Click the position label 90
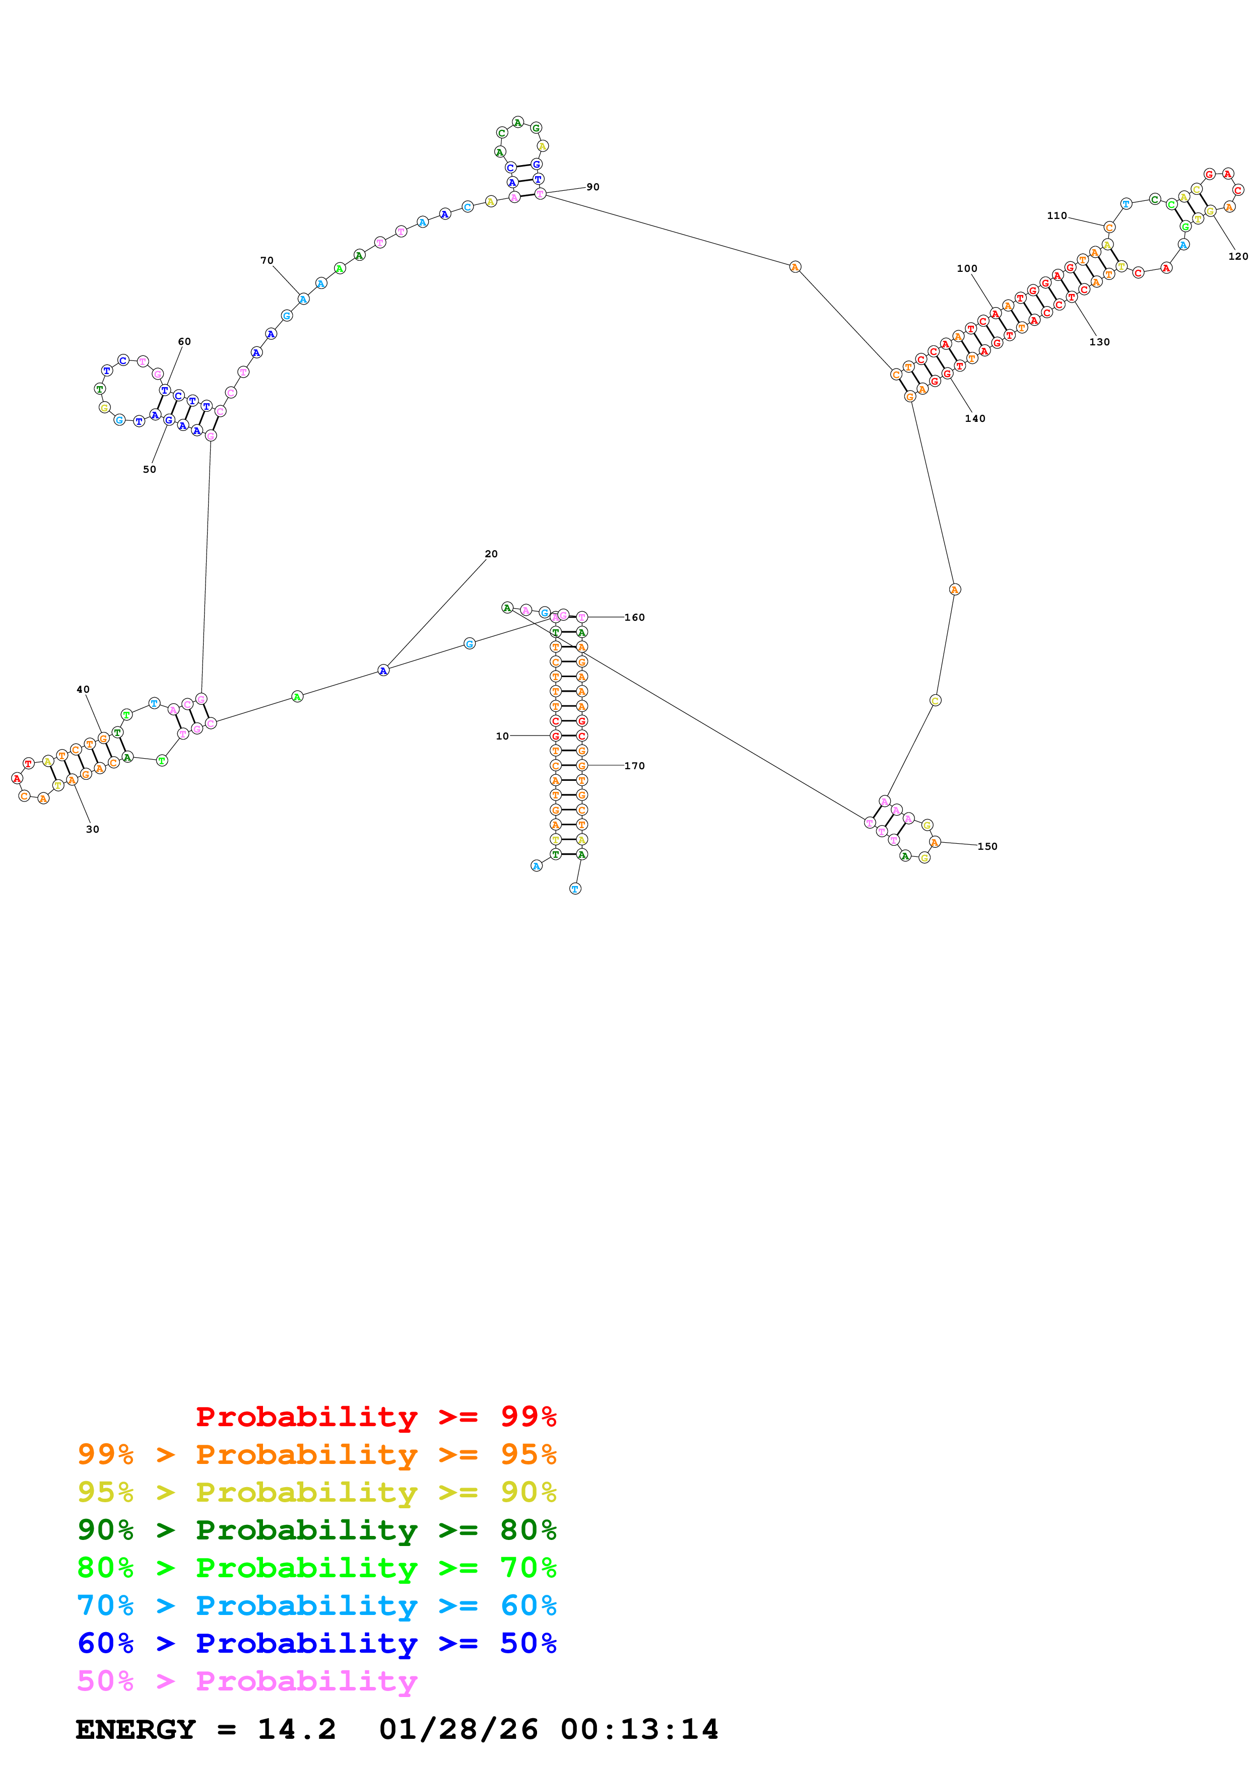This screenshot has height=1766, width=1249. click(x=592, y=187)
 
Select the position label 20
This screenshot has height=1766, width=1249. click(x=491, y=554)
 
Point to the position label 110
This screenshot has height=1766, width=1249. click(x=1057, y=216)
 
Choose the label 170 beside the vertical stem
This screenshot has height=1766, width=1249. click(x=634, y=765)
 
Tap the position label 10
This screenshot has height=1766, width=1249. click(x=502, y=736)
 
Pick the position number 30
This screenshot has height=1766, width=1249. click(x=92, y=829)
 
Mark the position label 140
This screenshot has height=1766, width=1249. click(x=974, y=418)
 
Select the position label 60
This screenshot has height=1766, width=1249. click(x=184, y=341)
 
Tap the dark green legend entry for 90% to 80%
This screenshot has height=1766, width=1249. click(x=316, y=1530)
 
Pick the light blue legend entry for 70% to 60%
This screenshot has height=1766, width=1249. click(x=316, y=1605)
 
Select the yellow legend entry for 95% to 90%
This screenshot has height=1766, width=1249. click(x=316, y=1492)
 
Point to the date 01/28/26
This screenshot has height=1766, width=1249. click(x=458, y=1729)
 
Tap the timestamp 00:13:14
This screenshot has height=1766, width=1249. click(x=639, y=1729)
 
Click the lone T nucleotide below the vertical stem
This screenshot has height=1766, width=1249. click(x=575, y=889)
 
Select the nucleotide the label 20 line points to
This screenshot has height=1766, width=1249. click(x=383, y=671)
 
